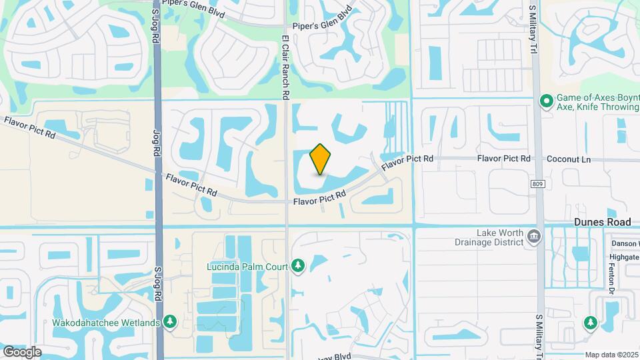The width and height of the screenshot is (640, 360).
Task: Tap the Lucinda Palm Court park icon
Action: click(299, 267)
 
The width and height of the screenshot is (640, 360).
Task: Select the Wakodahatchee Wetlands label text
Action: click(106, 323)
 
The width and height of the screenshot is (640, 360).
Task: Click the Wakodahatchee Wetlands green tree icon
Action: click(171, 323)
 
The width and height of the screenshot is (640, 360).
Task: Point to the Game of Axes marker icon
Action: click(546, 101)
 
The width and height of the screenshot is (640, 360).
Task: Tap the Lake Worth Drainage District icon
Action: click(533, 237)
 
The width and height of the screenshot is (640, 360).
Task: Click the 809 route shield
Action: click(538, 183)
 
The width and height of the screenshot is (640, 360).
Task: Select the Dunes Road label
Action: click(602, 222)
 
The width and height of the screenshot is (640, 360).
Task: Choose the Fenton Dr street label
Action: click(610, 274)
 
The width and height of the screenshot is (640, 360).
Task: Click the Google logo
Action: click(21, 351)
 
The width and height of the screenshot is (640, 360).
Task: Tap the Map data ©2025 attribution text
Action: click(611, 355)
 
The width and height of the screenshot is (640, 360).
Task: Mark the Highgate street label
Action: click(625, 257)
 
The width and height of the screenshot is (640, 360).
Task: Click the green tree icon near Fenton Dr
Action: click(590, 323)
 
